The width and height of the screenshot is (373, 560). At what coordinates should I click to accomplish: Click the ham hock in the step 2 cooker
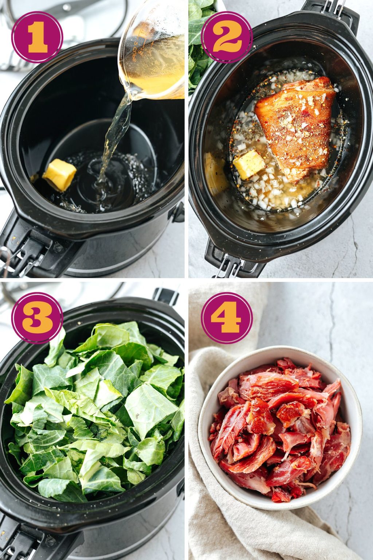point(297,128)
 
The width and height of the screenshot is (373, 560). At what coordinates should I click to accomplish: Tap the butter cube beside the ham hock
point(249,164)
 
